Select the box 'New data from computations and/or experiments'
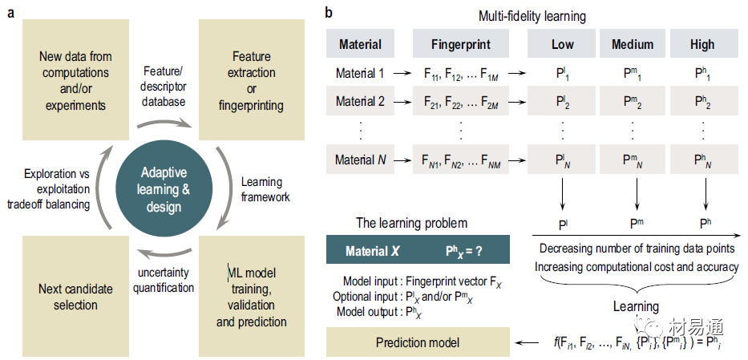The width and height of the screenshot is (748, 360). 75,79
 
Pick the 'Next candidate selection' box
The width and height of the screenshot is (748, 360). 75,297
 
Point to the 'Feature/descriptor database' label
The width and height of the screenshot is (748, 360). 164,85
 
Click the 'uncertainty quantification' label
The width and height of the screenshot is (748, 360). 163,281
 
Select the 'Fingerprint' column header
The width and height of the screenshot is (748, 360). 460,45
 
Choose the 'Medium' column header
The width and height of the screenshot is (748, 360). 633,45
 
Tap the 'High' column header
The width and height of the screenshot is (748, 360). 702,45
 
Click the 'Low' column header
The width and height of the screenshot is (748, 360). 563,45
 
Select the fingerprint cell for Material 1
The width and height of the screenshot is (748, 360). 460,74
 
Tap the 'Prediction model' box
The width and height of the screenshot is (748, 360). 418,342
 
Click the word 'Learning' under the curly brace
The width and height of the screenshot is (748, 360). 636,306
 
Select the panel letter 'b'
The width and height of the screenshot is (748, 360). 330,13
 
